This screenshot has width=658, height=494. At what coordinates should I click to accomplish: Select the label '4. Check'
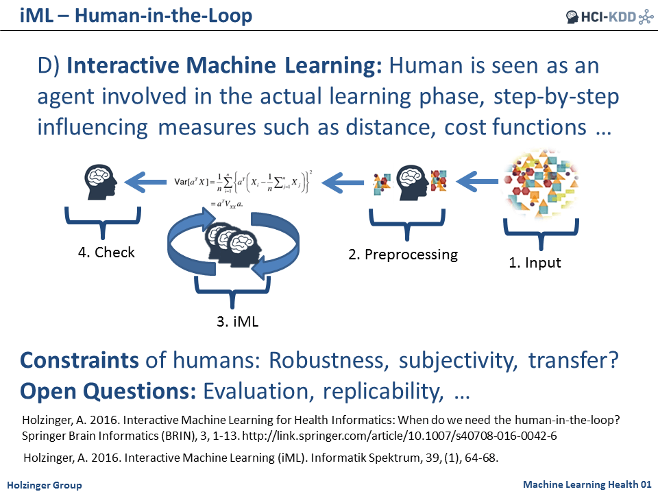(x=106, y=252)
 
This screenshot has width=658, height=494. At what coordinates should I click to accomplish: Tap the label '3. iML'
(x=234, y=320)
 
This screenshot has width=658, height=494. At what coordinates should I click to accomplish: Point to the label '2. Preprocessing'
(x=402, y=255)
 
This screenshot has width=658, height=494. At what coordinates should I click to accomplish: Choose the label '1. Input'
(x=535, y=262)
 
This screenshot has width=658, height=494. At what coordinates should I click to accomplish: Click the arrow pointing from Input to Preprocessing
(x=476, y=183)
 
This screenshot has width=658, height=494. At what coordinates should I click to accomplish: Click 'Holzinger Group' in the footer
(x=45, y=485)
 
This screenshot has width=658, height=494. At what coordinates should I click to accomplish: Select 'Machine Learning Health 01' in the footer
(x=586, y=485)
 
